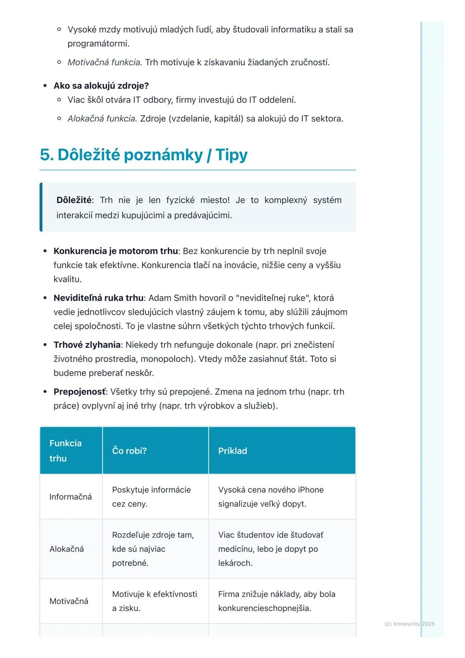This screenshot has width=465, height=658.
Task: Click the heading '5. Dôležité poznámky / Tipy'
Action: (144, 155)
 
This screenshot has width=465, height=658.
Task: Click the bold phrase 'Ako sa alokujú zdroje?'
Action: (101, 86)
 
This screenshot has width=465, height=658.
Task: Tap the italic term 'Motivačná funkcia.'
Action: (104, 62)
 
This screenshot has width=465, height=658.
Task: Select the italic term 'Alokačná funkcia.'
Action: (102, 118)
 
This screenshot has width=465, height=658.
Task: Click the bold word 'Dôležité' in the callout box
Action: (74, 200)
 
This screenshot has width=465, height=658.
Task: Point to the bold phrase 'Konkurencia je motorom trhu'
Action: (115, 251)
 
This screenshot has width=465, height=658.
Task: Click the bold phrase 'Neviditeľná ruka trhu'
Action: (99, 298)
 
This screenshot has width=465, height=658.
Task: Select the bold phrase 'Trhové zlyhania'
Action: (87, 345)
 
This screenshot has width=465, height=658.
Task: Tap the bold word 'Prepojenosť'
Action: (79, 392)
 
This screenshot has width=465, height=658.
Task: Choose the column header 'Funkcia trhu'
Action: (65, 451)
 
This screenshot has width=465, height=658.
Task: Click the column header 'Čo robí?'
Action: (129, 451)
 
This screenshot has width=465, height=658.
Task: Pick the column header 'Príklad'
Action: (232, 451)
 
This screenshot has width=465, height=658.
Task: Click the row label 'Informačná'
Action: (71, 497)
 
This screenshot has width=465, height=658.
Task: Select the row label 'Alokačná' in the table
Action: (67, 549)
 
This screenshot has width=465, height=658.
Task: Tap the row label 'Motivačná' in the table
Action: (69, 601)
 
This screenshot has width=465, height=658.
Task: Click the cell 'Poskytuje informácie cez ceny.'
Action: (151, 497)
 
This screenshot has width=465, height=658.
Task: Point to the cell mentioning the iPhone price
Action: (271, 497)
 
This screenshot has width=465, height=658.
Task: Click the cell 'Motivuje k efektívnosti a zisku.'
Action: (154, 601)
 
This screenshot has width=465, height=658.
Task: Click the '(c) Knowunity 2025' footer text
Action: (409, 624)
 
